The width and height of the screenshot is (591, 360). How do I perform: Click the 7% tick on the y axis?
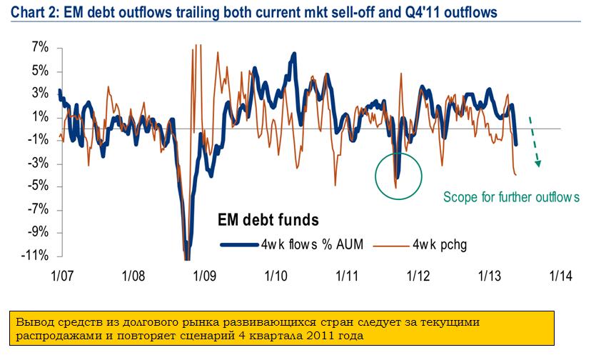[x=38, y=48]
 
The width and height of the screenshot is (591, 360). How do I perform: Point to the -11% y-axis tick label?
[x=36, y=256]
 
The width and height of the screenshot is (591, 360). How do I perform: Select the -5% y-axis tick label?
[x=38, y=186]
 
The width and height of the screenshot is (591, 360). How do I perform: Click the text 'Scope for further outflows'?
[x=512, y=197]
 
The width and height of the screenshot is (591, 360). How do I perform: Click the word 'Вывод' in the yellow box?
[x=37, y=321]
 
